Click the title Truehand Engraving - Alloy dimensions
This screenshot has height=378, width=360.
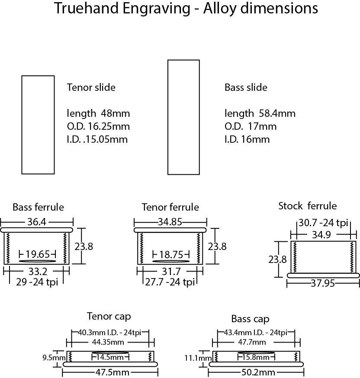pos(186,8)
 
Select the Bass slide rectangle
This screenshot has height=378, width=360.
pos(183,117)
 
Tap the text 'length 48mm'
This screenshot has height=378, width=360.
pos(98,113)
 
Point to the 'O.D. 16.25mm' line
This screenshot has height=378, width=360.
pos(99,126)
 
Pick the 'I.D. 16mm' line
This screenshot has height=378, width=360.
pos(247,139)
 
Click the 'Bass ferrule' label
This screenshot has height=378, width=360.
pos(38,207)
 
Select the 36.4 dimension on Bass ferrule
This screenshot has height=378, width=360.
pos(37,221)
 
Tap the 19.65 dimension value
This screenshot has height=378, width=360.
pos(38,254)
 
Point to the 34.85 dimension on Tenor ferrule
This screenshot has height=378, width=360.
pos(170,221)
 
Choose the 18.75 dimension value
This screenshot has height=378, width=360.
pos(172,254)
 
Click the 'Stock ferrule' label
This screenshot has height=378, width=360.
pos(307,206)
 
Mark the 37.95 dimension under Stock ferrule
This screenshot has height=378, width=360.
pos(322,284)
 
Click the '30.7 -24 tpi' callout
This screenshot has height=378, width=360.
pos(323,223)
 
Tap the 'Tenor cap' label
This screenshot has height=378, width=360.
pos(109,316)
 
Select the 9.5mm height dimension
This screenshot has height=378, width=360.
pos(56,358)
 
